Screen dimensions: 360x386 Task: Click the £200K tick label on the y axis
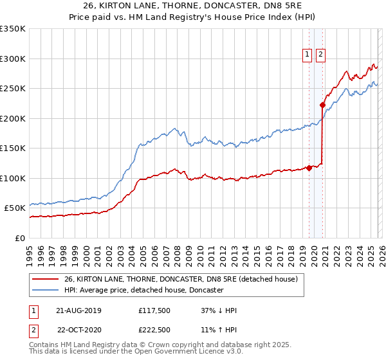pos(13,118)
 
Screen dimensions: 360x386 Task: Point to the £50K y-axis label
pos(15,208)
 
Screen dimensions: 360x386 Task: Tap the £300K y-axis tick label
pos(13,59)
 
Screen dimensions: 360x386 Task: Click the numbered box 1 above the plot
pos(308,55)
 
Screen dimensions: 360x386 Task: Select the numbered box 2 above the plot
pos(320,55)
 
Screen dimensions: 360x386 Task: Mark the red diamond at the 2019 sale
pos(309,168)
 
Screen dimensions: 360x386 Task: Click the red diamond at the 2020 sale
pos(322,105)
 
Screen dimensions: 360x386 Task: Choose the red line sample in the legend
pos(46,280)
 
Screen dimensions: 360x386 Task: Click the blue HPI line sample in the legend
pos(46,291)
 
